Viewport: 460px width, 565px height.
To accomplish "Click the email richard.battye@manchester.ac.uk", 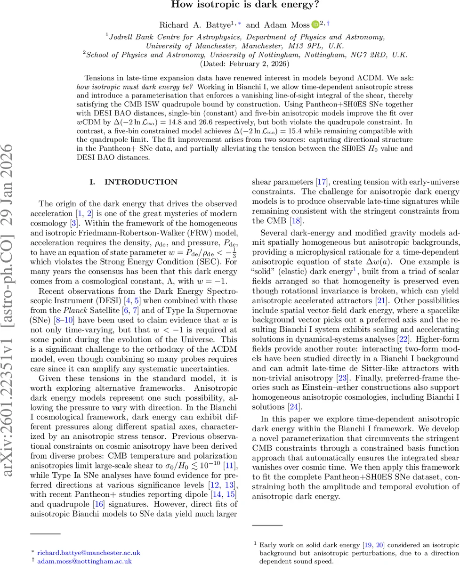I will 89,552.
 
